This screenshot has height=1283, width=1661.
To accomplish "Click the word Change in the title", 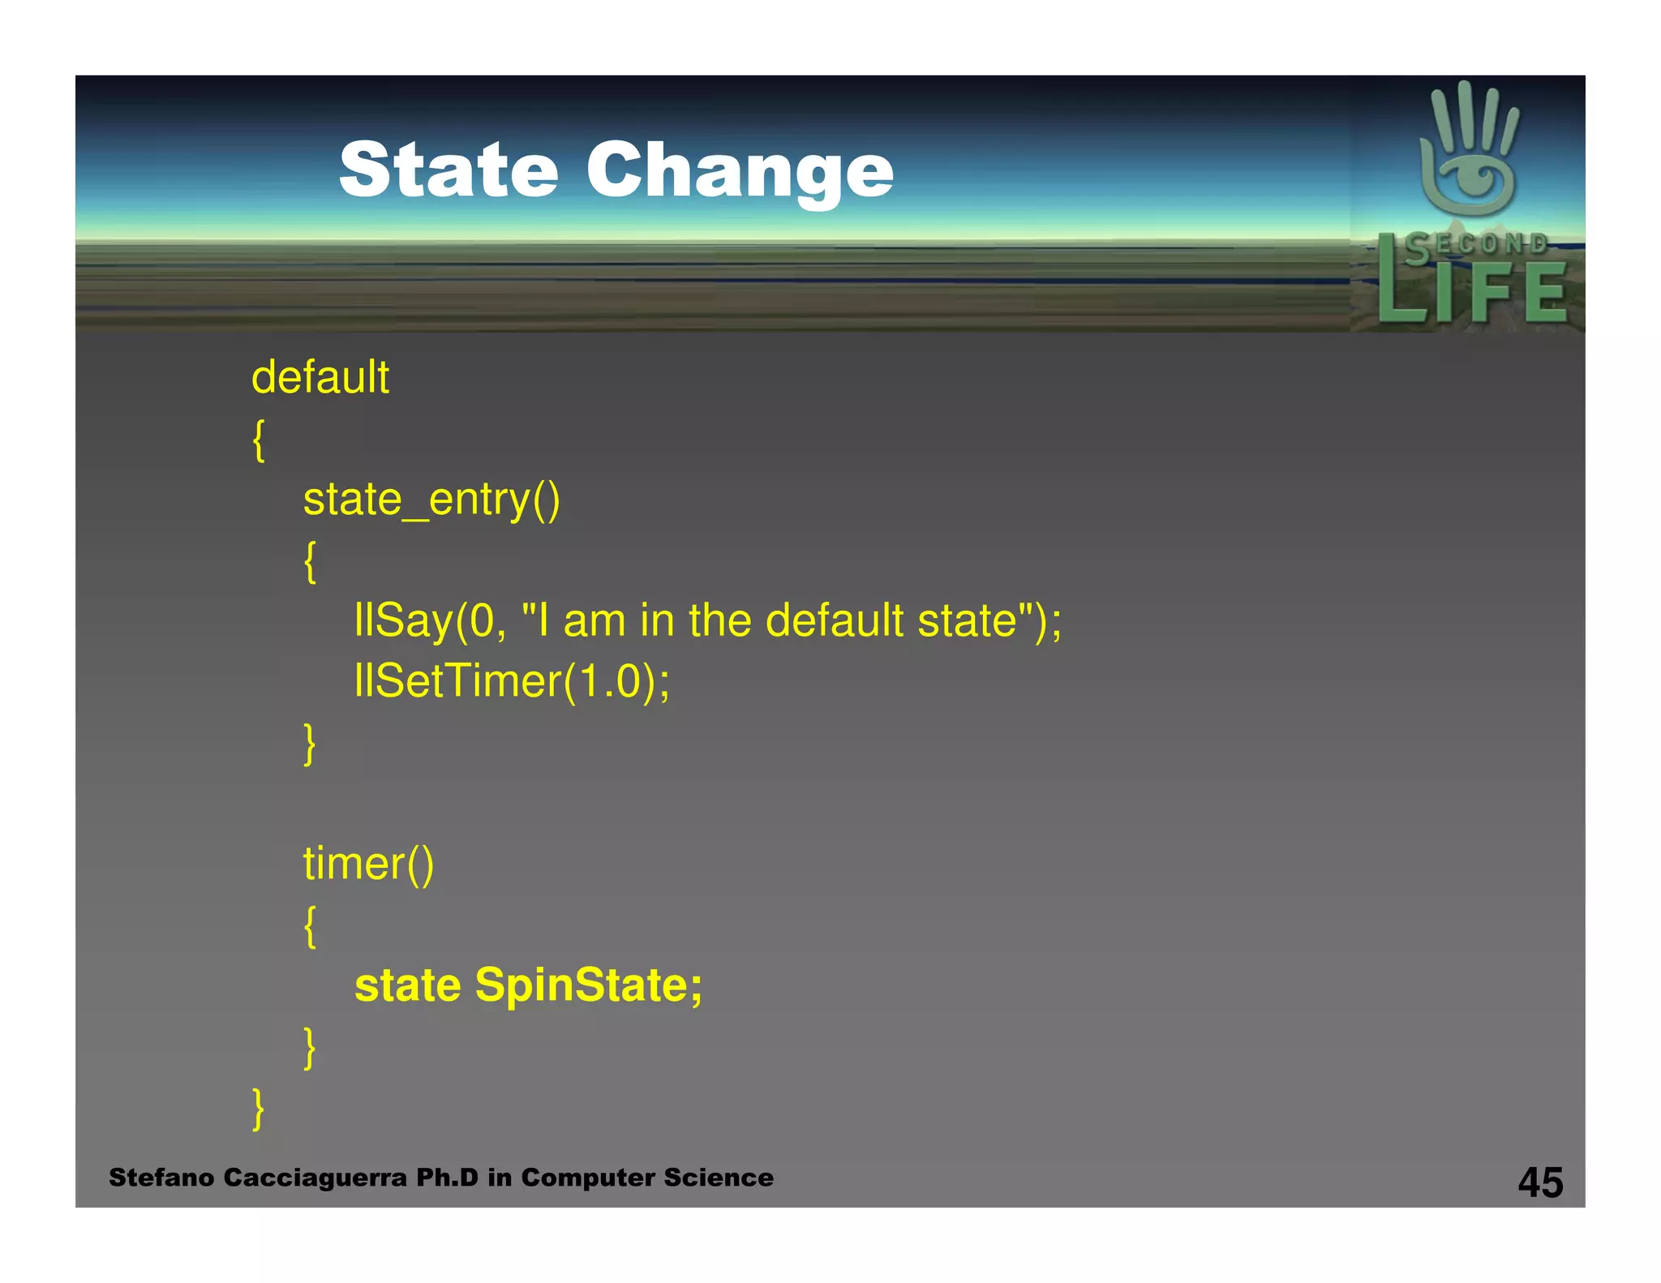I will pyautogui.click(x=739, y=172).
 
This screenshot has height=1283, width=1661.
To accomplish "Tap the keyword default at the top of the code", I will pyautogui.click(x=320, y=378).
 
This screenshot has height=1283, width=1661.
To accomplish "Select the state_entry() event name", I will pyautogui.click(x=431, y=500).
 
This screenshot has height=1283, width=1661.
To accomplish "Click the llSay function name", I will pyautogui.click(x=403, y=621).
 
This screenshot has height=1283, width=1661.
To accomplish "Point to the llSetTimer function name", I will pyautogui.click(x=458, y=681).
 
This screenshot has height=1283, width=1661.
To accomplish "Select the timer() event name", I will pyautogui.click(x=368, y=864).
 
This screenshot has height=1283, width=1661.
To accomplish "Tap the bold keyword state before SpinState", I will pyautogui.click(x=408, y=985).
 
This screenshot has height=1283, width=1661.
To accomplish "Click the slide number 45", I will pyautogui.click(x=1540, y=1182).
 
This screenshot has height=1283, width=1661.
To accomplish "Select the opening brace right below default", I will pyautogui.click(x=259, y=440).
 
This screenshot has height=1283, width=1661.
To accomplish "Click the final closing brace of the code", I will pyautogui.click(x=259, y=1109).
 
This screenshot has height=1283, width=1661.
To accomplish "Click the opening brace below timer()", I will pyautogui.click(x=310, y=925).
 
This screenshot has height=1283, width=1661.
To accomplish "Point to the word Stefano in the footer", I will pyautogui.click(x=161, y=1178).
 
